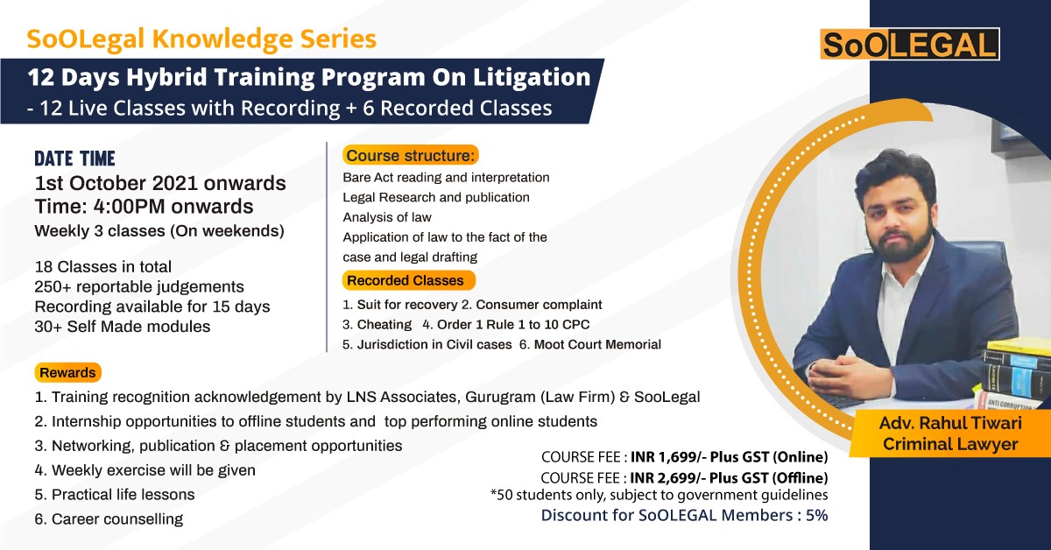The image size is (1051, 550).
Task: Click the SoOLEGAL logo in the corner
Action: (909, 45)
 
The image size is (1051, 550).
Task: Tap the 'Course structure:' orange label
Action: (411, 156)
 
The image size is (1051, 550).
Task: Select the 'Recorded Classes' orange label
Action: (406, 281)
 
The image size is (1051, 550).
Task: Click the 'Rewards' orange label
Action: (67, 372)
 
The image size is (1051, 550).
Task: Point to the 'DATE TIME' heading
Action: (74, 159)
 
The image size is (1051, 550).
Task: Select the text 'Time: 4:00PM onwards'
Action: (144, 207)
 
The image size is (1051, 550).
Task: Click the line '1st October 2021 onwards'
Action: (159, 184)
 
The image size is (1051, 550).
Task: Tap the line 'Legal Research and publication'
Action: (436, 197)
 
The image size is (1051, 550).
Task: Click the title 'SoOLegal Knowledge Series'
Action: (201, 39)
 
